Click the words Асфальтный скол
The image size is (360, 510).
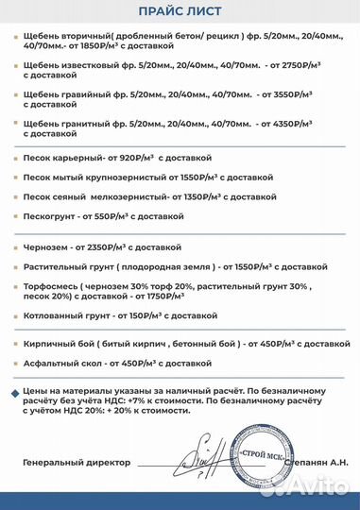(59, 362)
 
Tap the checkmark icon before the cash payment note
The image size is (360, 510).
(12, 388)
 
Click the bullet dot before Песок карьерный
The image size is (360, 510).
(12, 157)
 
